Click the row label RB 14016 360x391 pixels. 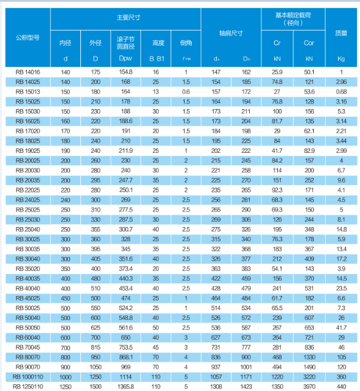click(27, 72)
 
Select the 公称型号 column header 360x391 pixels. click(27, 38)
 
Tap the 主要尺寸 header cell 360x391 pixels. click(129, 18)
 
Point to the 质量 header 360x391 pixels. click(341, 33)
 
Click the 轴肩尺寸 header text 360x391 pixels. click(231, 33)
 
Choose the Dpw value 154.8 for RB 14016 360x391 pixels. click(125, 72)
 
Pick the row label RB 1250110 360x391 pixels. click(27, 387)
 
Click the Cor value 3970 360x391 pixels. click(309, 387)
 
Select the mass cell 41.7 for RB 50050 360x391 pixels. click(341, 328)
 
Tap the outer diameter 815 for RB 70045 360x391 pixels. click(96, 347)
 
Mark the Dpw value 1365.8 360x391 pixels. click(125, 387)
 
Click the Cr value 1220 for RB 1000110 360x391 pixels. click(277, 377)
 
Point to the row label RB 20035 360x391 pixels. click(27, 180)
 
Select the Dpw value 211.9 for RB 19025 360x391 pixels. click(125, 150)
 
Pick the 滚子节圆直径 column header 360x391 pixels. click(125, 43)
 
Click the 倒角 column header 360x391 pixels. click(186, 43)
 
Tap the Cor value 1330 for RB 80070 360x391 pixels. click(309, 357)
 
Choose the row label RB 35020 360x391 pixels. click(27, 269)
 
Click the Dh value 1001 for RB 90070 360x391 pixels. click(246, 367)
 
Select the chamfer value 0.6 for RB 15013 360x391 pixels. click(186, 92)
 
